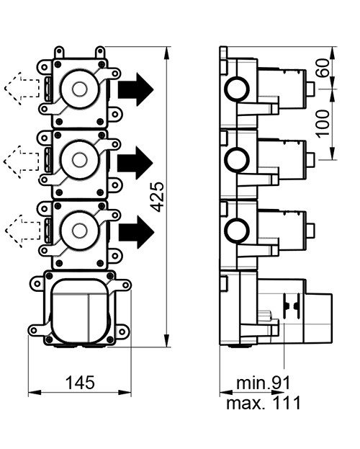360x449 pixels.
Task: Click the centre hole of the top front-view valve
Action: click(x=79, y=90)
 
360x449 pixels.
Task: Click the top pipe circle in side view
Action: click(x=235, y=90)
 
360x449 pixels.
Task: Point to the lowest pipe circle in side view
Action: click(x=235, y=231)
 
